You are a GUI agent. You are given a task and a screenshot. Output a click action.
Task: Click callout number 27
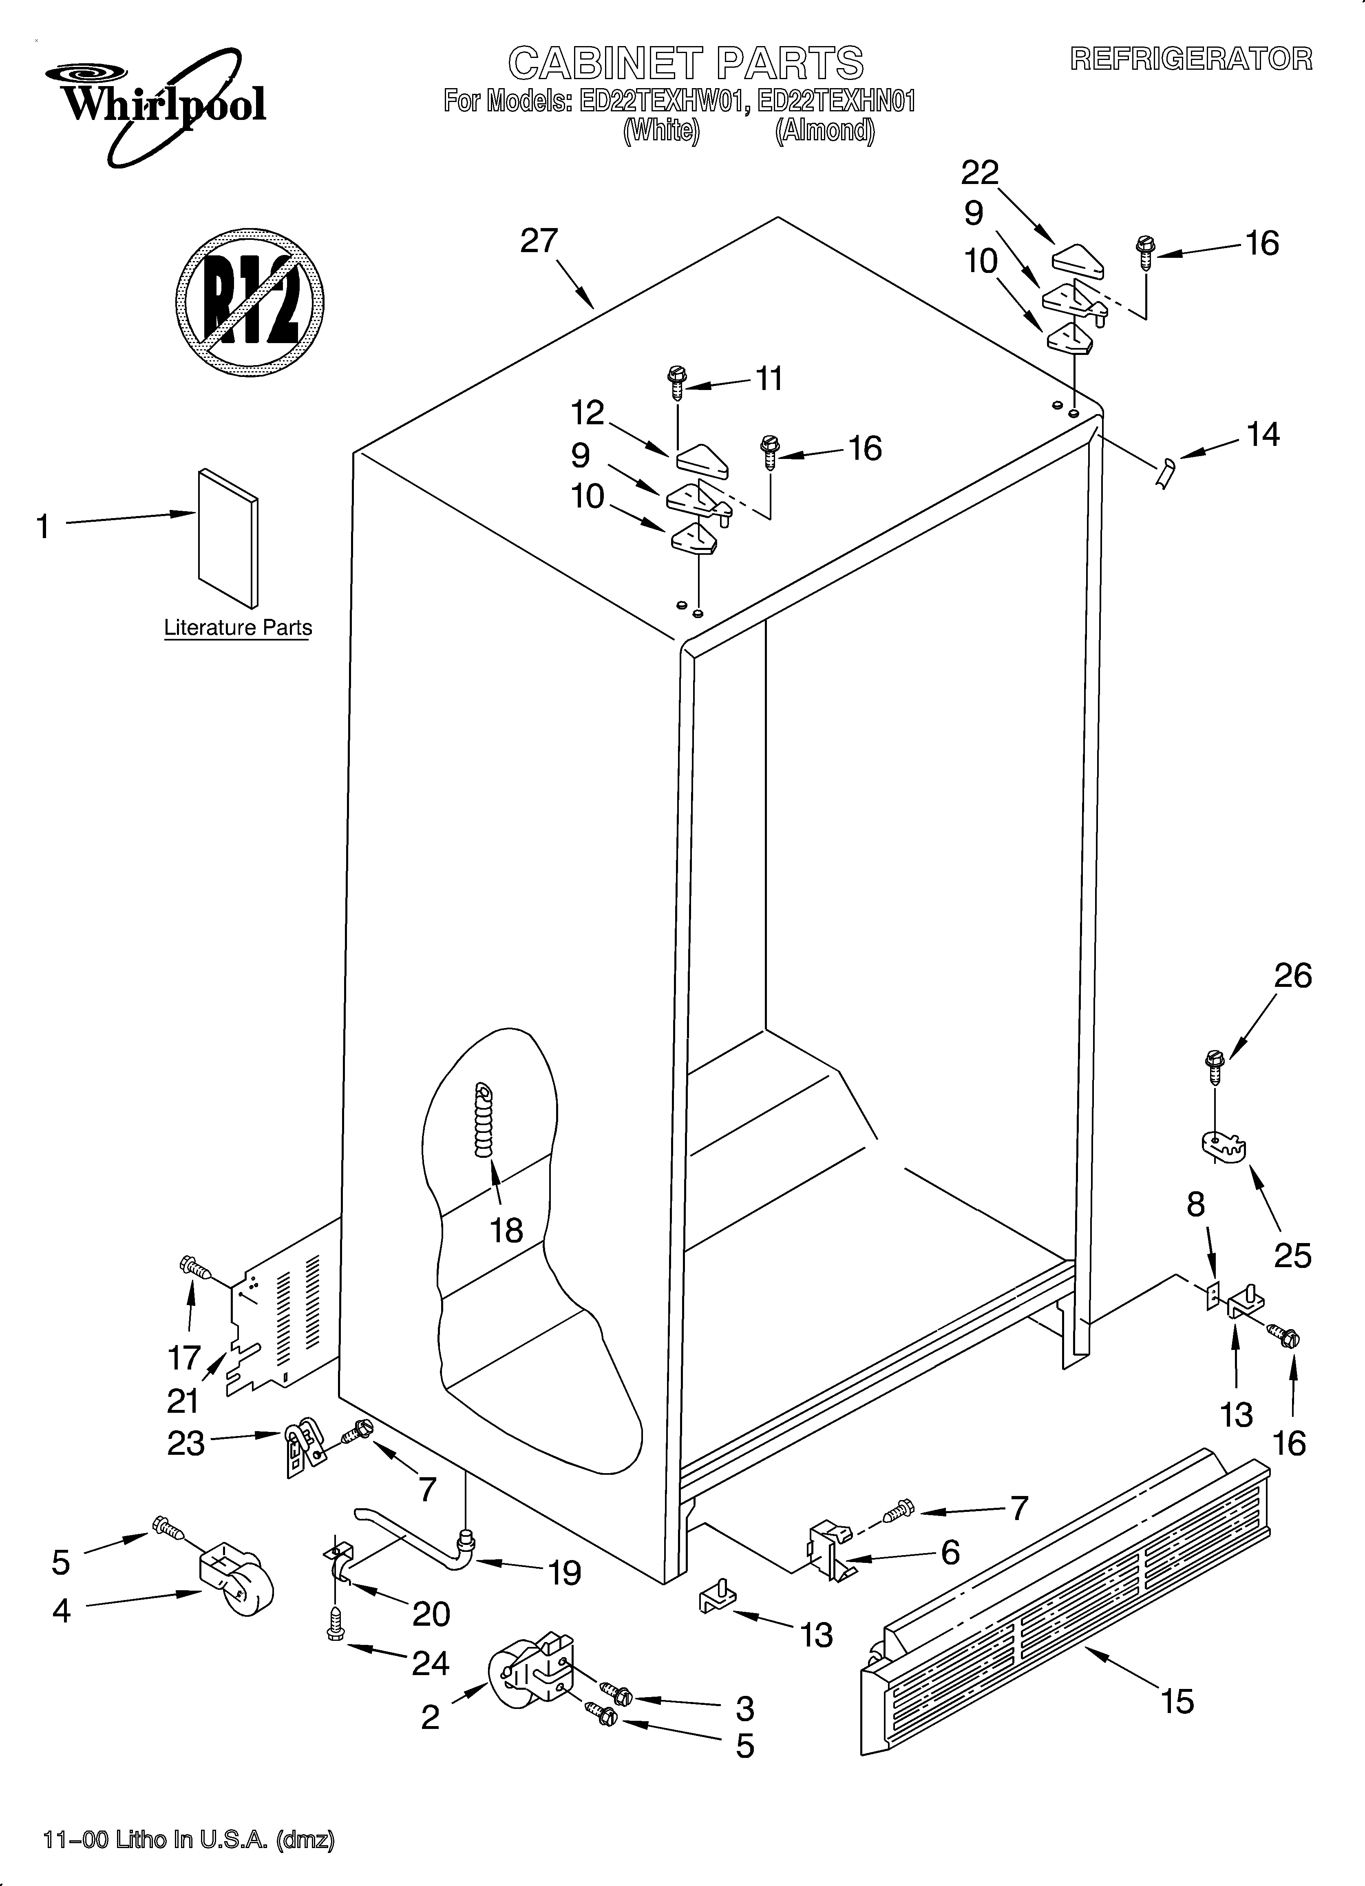[539, 241]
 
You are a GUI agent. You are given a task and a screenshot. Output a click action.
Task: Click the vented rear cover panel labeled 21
[283, 1322]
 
